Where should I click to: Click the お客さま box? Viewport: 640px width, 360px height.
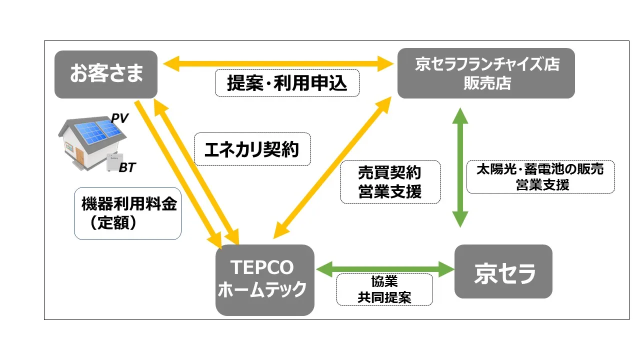106,73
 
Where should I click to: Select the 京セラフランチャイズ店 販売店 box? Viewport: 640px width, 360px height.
486,73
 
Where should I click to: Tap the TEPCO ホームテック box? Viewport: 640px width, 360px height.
264,279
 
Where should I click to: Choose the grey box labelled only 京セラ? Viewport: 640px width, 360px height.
503,271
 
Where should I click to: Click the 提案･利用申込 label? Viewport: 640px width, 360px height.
287,83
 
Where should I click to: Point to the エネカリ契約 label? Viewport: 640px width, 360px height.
252,149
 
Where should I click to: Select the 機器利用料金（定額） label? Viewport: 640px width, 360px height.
128,213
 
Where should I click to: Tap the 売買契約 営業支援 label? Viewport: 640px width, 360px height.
390,182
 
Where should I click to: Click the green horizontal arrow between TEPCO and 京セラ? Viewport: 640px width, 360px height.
384,269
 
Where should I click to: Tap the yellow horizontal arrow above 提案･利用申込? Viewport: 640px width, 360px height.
277,63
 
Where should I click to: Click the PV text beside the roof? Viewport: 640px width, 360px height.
120,118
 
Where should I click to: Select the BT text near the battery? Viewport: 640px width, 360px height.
127,168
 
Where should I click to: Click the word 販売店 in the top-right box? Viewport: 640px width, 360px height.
486,83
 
